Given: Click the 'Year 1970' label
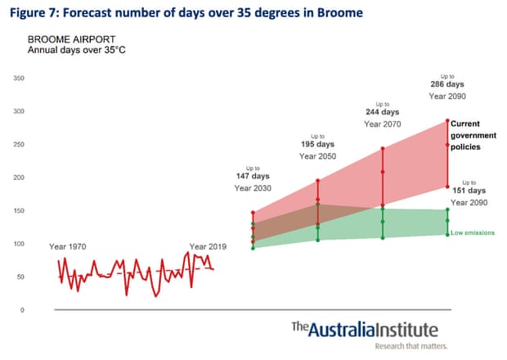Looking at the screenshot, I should coord(69,246).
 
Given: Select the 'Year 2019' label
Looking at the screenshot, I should coord(208,246).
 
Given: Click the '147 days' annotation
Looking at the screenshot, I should coord(253,176).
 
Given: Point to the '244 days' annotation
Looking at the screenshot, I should coord(383,111).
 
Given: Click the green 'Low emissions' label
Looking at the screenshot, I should coord(473,233).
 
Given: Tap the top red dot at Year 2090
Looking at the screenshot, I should coord(447,121).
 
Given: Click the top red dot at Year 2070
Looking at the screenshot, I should coord(383,149).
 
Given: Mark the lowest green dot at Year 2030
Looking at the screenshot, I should coord(253,248).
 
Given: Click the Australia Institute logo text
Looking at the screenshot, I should coord(365,330).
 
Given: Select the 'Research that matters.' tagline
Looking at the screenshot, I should coord(406,346).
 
